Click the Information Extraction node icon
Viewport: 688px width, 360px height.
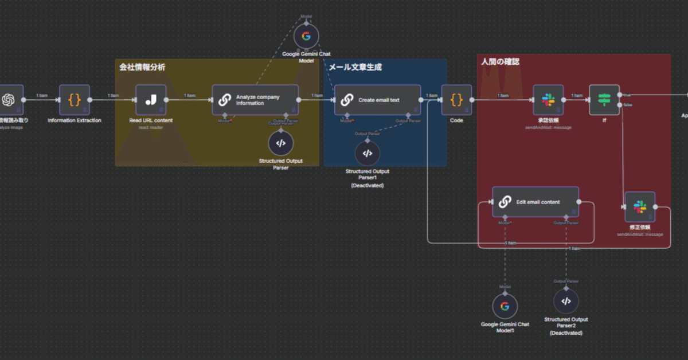pyautogui.click(x=75, y=100)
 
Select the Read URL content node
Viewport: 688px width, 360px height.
pyautogui.click(x=151, y=100)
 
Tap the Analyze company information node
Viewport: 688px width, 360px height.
pyautogui.click(x=255, y=100)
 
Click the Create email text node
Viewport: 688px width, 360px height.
pyautogui.click(x=377, y=100)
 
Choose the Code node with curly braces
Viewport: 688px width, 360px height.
pyautogui.click(x=456, y=100)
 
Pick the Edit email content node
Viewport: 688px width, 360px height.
pyautogui.click(x=535, y=202)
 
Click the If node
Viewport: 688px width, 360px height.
pyautogui.click(x=604, y=100)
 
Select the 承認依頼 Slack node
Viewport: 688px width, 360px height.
pyautogui.click(x=548, y=100)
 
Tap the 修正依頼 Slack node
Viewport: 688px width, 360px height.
pyautogui.click(x=640, y=206)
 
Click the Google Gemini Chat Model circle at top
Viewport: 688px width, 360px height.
pyautogui.click(x=306, y=36)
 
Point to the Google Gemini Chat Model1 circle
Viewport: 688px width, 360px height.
pyautogui.click(x=505, y=307)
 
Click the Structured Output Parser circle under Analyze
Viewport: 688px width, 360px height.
pyautogui.click(x=280, y=143)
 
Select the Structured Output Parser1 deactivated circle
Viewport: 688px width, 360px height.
pyautogui.click(x=368, y=154)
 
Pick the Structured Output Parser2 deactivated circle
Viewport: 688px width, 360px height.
pyautogui.click(x=566, y=302)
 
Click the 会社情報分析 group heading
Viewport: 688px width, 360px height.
pyautogui.click(x=142, y=67)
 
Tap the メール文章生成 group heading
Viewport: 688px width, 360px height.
pyautogui.click(x=355, y=67)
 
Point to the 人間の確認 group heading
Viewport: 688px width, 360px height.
pyautogui.click(x=500, y=61)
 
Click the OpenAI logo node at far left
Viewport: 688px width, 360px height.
pyautogui.click(x=8, y=100)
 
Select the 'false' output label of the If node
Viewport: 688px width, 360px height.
pyautogui.click(x=627, y=105)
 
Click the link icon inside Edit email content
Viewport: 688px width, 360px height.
pyautogui.click(x=505, y=202)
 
